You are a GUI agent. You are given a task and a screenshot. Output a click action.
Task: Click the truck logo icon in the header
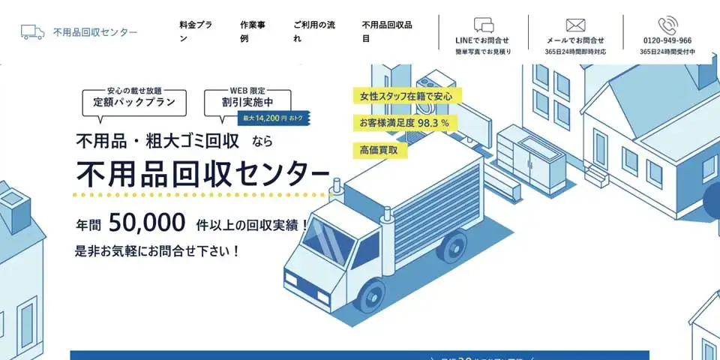tap(32, 32)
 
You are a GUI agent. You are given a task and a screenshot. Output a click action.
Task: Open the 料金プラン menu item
tap(196, 31)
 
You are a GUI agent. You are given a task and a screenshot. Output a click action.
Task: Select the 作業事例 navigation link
tap(253, 31)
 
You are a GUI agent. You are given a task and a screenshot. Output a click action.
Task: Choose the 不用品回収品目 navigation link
tap(387, 31)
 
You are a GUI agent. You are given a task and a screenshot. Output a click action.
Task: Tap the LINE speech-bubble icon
tap(483, 25)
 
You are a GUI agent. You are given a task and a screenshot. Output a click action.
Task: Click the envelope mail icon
tap(575, 25)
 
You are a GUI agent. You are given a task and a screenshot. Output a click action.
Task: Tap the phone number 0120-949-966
tap(667, 40)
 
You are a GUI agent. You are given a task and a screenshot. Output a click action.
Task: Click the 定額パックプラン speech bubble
tap(134, 101)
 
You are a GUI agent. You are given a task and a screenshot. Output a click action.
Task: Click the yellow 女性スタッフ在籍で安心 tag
tap(406, 96)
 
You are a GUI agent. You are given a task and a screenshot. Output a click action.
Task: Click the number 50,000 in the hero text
tap(147, 223)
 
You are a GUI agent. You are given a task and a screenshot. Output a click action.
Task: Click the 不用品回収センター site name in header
tap(95, 32)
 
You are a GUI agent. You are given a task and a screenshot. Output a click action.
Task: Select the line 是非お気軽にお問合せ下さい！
tap(157, 251)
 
